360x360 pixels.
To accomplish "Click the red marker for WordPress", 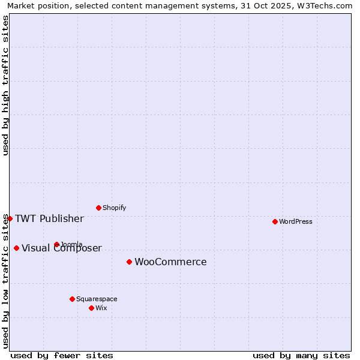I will [x=275, y=221].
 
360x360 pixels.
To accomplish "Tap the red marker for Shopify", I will [x=98, y=208].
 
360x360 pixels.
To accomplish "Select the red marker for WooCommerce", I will [x=129, y=262].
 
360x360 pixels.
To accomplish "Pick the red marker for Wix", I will [x=91, y=308].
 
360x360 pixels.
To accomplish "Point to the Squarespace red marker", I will [x=72, y=299].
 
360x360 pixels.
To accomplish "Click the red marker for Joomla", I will [x=56, y=244].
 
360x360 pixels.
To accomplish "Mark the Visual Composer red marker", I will [x=16, y=248].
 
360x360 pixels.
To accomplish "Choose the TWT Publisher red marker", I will [x=10, y=218].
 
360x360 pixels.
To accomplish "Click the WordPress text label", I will [x=296, y=221].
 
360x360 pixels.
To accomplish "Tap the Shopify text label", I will [x=115, y=208].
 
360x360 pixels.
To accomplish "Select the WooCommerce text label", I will [x=170, y=262].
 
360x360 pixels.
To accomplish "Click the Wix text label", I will [x=101, y=308].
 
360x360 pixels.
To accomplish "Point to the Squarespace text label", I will [x=97, y=299].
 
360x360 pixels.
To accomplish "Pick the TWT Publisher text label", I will [x=49, y=218].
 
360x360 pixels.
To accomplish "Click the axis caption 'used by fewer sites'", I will [x=62, y=355].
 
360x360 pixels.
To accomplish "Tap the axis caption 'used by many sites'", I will [x=301, y=355].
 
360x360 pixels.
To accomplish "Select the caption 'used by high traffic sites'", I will [x=5, y=85].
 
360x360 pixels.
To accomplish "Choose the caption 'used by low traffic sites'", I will [x=5, y=281].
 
